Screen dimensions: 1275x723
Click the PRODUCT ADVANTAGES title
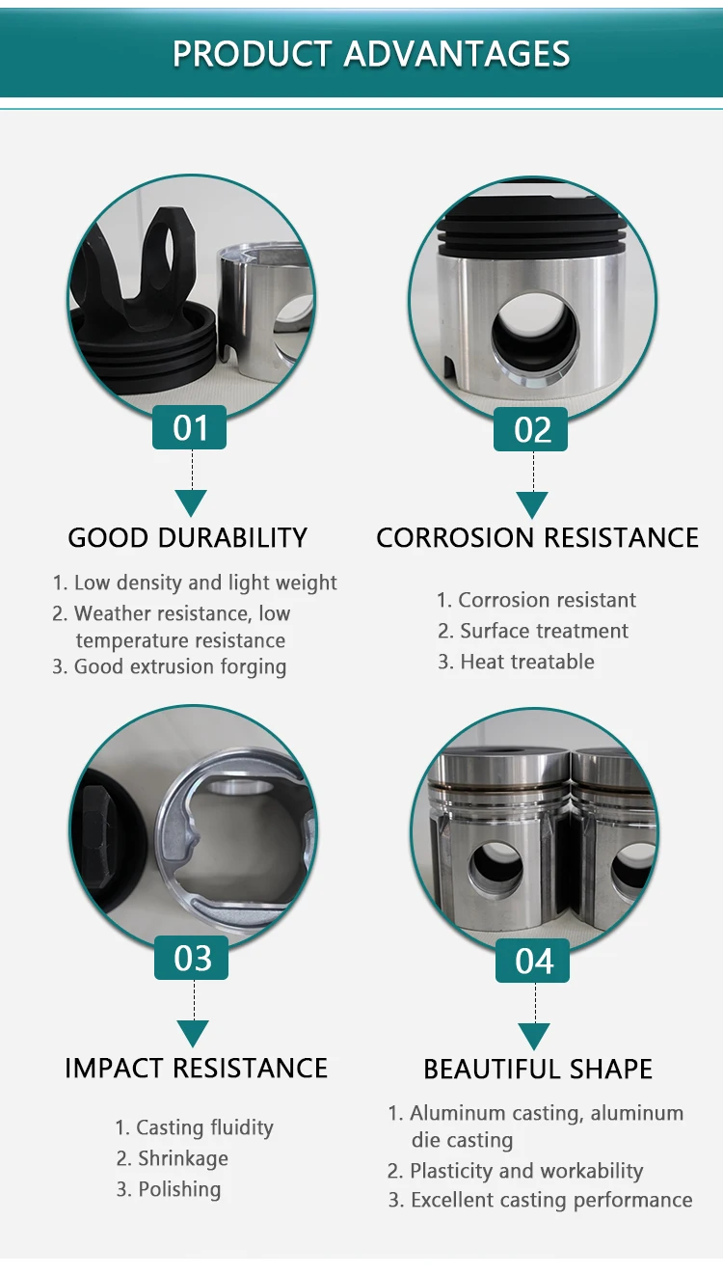(x=371, y=53)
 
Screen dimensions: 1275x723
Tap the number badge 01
(x=190, y=427)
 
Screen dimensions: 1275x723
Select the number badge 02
(x=532, y=429)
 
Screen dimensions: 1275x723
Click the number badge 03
(x=192, y=958)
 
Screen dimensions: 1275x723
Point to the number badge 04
(x=534, y=961)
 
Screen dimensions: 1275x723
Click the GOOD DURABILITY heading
(x=187, y=538)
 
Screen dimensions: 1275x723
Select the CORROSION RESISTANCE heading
(x=537, y=538)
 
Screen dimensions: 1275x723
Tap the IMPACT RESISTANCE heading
(x=196, y=1069)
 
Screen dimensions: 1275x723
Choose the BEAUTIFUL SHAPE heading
(x=538, y=1070)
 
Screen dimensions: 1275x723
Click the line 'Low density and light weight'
(x=195, y=583)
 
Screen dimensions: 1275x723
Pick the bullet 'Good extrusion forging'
(x=170, y=666)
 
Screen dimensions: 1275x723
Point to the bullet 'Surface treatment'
(x=533, y=631)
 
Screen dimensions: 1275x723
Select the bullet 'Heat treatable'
(x=517, y=662)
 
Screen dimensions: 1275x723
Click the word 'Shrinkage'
(x=183, y=1158)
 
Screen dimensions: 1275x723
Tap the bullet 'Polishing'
(x=170, y=1189)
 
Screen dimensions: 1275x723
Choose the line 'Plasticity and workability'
(x=516, y=1171)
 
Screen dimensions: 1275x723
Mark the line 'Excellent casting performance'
(x=541, y=1201)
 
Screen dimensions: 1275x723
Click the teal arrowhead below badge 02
(x=532, y=504)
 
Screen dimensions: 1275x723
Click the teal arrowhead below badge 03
(x=193, y=1033)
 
